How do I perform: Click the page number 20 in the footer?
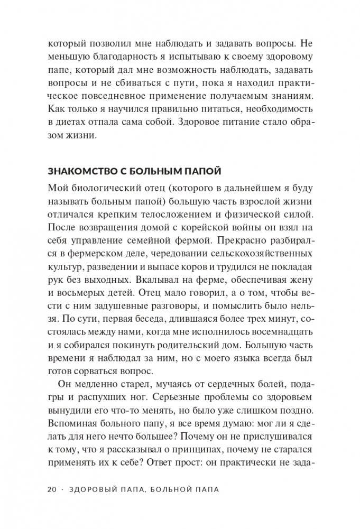52,489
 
